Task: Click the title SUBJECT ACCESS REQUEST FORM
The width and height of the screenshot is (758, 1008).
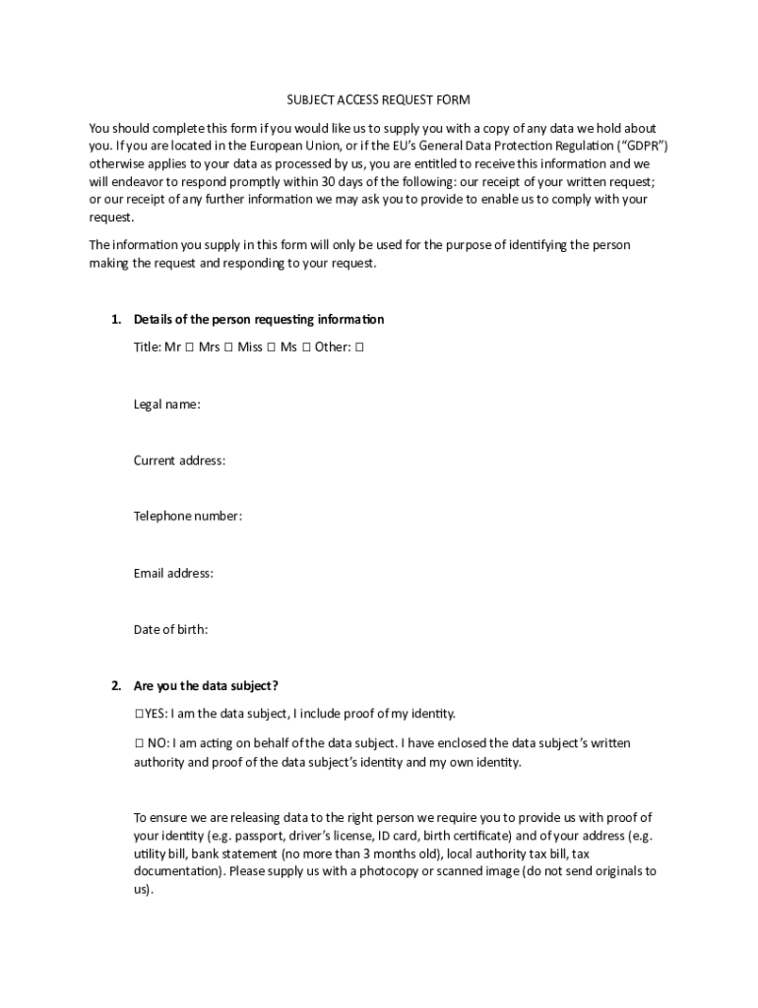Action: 378,100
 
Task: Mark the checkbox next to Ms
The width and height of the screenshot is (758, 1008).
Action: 306,347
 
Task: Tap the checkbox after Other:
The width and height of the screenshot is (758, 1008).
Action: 359,347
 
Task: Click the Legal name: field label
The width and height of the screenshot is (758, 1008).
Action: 167,404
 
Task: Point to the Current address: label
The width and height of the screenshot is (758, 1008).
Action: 179,460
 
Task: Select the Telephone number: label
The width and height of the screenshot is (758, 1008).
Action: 188,516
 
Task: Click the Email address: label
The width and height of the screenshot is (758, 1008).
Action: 173,573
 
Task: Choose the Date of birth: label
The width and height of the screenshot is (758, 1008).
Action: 170,629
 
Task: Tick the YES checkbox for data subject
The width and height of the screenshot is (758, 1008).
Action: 139,714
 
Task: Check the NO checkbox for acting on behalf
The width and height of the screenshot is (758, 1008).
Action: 139,743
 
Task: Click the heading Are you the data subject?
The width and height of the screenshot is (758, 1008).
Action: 199,685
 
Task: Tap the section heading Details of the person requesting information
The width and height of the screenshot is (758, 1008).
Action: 259,319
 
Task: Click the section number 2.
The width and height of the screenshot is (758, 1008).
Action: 115,685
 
